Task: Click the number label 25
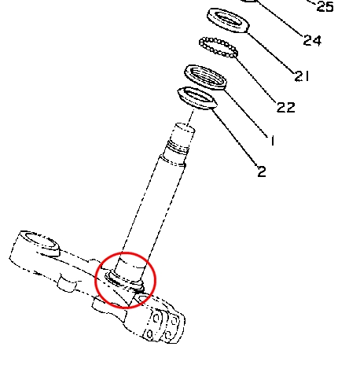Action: click(325, 6)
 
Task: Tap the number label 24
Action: click(312, 40)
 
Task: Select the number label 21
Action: click(302, 76)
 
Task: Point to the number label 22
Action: click(286, 107)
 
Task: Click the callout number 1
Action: click(273, 140)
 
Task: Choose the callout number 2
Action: click(262, 171)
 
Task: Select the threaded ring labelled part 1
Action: click(206, 77)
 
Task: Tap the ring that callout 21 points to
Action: click(228, 20)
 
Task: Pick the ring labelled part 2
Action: click(197, 98)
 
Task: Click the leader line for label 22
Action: click(256, 79)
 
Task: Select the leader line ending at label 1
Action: click(247, 113)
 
